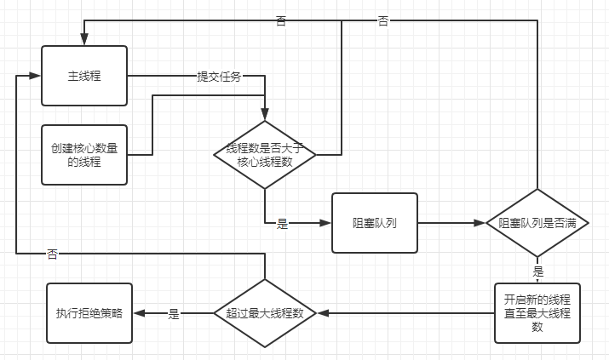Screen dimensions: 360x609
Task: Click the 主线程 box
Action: (x=84, y=76)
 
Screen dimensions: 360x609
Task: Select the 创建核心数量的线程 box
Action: (x=84, y=154)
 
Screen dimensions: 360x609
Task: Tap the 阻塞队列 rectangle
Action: (x=375, y=223)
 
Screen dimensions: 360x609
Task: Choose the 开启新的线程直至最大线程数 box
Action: (x=537, y=313)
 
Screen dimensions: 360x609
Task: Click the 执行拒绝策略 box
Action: (x=89, y=313)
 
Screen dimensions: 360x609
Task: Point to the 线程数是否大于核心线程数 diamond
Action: (x=265, y=155)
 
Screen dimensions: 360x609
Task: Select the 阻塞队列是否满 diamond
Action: (x=537, y=223)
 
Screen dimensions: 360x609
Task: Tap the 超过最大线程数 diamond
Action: (x=265, y=313)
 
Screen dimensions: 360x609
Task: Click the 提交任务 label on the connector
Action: (x=219, y=77)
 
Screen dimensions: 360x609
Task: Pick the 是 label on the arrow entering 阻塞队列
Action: (x=282, y=224)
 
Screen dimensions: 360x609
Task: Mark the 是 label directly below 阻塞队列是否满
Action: (x=537, y=271)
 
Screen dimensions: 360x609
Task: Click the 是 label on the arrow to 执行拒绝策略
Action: (x=174, y=314)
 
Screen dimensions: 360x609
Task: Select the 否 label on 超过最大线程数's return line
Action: (x=53, y=254)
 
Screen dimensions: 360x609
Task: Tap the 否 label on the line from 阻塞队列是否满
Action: (x=383, y=20)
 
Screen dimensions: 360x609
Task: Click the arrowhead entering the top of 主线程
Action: (x=84, y=40)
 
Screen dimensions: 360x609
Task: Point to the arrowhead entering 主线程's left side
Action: (x=36, y=76)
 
